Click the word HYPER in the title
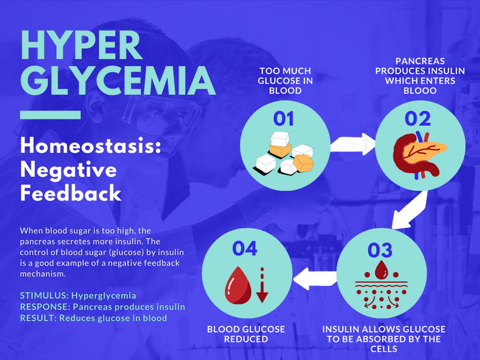tap(81, 44)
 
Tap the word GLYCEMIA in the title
tap(118, 80)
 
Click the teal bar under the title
tap(50, 115)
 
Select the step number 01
tap(283, 119)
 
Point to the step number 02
tap(417, 119)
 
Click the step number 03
tap(380, 250)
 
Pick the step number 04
tap(245, 248)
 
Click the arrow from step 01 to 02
tap(352, 144)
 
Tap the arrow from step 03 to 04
tap(315, 278)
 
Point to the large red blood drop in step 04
tap(238, 285)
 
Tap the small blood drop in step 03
tap(382, 270)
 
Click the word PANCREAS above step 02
tap(420, 61)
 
